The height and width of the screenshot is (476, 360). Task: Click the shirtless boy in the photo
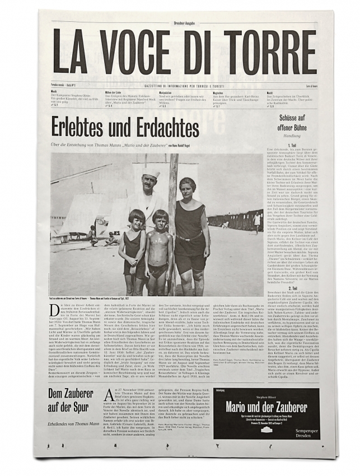point(161,249)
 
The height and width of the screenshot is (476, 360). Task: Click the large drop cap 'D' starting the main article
point(55,309)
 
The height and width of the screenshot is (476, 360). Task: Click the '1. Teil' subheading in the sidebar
point(292,145)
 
